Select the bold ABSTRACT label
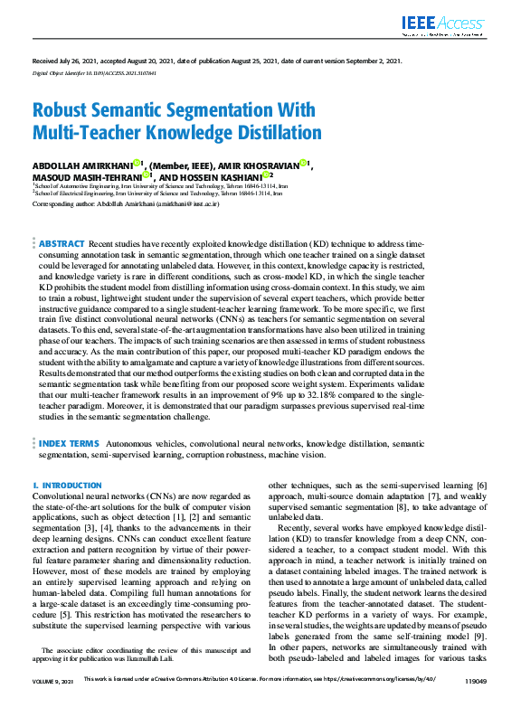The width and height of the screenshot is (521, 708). pos(61,244)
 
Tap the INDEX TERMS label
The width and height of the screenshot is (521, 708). pos(69,444)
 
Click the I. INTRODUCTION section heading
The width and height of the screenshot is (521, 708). pos(67,486)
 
